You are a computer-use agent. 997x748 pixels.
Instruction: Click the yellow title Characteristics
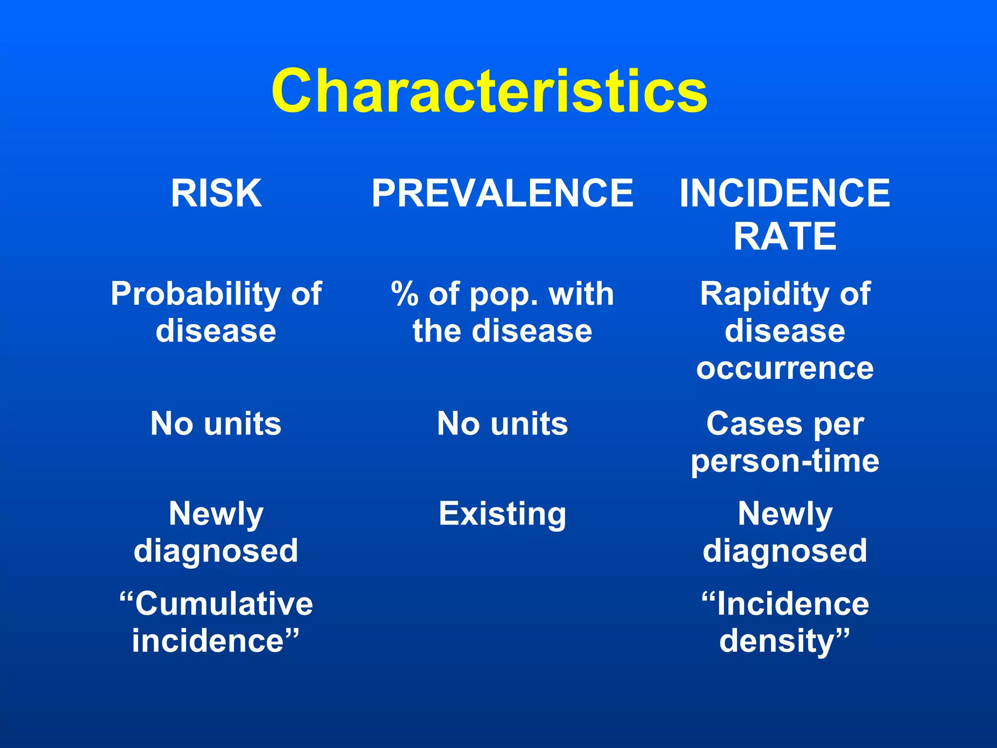pyautogui.click(x=489, y=92)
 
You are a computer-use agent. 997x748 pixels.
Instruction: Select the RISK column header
pyautogui.click(x=216, y=193)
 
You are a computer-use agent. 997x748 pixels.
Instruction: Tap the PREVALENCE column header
pyautogui.click(x=502, y=193)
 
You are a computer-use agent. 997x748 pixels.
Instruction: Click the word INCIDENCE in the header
pyautogui.click(x=785, y=193)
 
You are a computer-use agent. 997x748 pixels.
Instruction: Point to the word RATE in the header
pyautogui.click(x=785, y=237)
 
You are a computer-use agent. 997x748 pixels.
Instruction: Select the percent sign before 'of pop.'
pyautogui.click(x=405, y=295)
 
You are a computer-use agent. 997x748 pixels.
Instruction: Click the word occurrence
pyautogui.click(x=785, y=369)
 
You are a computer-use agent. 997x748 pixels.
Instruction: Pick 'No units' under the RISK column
pyautogui.click(x=216, y=424)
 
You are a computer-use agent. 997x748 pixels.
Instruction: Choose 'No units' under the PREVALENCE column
pyautogui.click(x=502, y=424)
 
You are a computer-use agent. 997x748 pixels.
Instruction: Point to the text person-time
pyautogui.click(x=785, y=461)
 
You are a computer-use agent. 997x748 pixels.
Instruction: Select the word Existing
pyautogui.click(x=502, y=514)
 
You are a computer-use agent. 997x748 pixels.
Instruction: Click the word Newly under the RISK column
pyautogui.click(x=216, y=514)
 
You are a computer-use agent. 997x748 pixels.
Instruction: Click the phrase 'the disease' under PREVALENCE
pyautogui.click(x=502, y=332)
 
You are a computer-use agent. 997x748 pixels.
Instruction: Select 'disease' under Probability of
pyautogui.click(x=216, y=332)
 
